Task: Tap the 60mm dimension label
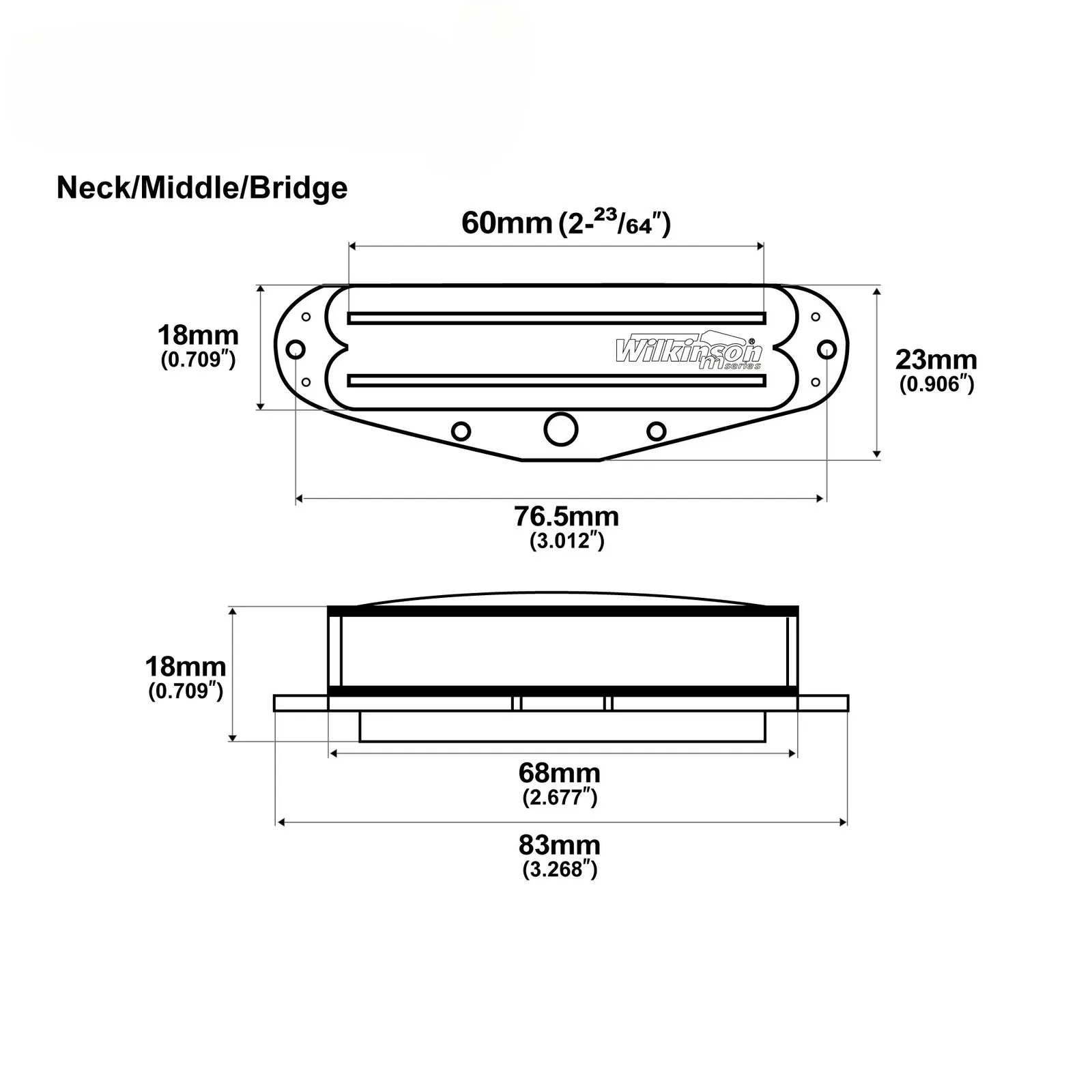pos(506,223)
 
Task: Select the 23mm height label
pos(936,360)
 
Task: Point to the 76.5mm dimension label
pos(566,517)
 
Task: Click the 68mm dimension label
pos(560,773)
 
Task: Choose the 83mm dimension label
pos(560,845)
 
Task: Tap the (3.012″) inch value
pos(567,541)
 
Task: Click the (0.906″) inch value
pos(936,384)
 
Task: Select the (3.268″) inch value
pos(560,870)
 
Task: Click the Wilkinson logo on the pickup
pos(688,351)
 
